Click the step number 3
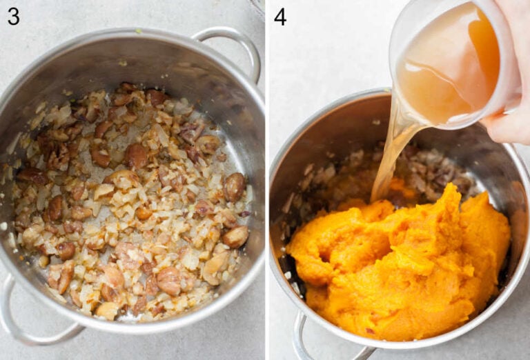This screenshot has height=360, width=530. (x=13, y=17)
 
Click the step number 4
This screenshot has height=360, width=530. (x=279, y=17)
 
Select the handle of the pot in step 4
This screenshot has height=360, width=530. (x=307, y=341)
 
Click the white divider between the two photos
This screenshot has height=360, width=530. (x=267, y=180)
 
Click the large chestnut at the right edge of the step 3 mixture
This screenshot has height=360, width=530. (x=234, y=186)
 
